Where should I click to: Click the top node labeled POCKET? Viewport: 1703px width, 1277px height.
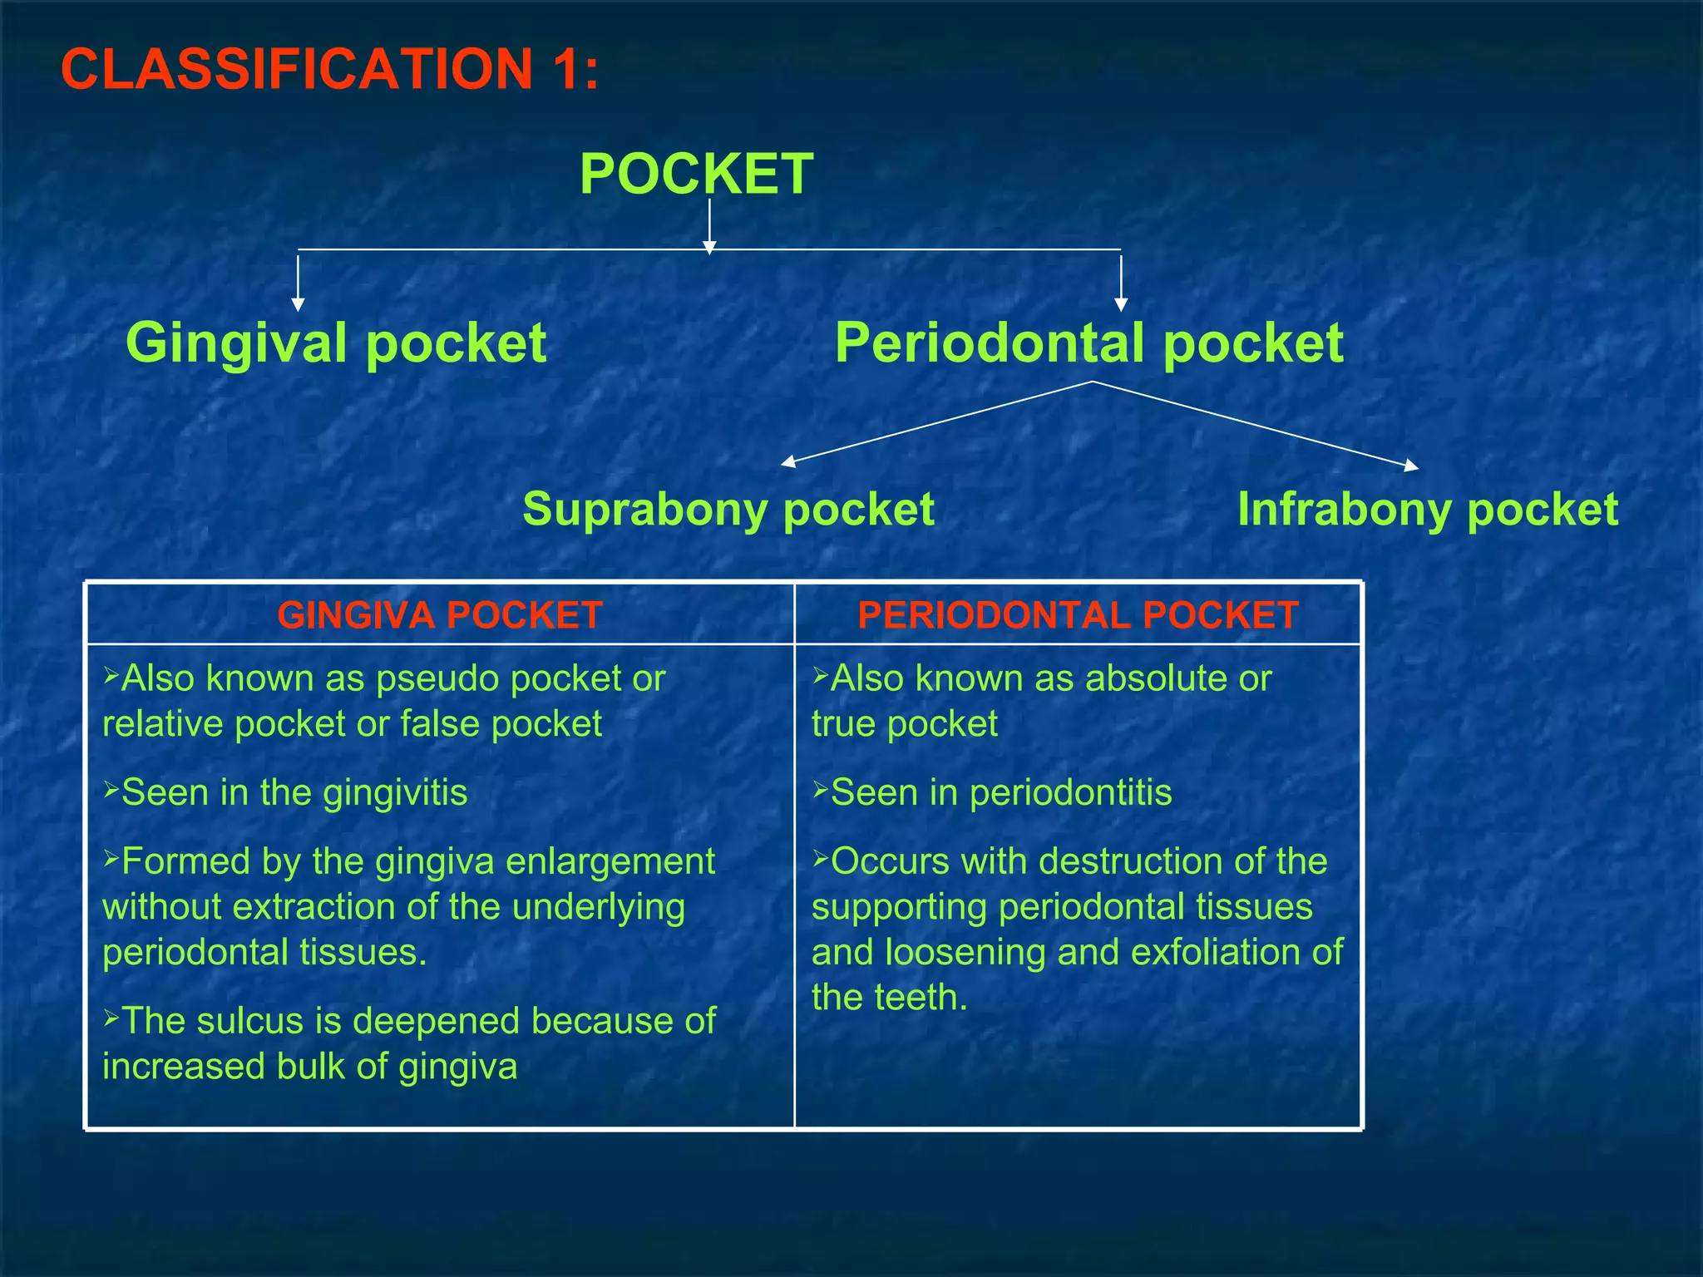tap(696, 174)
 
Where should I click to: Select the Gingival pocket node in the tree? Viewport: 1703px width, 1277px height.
tap(336, 343)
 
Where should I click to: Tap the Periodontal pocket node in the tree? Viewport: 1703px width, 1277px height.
tap(1088, 343)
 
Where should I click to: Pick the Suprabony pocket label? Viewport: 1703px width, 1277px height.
tap(728, 509)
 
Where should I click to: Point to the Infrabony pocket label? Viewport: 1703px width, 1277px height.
tap(1427, 509)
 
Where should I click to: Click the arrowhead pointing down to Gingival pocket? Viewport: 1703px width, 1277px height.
tap(299, 304)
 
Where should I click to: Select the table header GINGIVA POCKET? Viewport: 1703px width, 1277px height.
tap(440, 615)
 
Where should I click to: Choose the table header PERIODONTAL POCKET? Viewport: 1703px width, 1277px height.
tap(1078, 615)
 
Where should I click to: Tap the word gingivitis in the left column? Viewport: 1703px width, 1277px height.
tap(395, 793)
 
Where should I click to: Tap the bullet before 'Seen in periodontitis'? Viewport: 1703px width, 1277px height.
tap(820, 788)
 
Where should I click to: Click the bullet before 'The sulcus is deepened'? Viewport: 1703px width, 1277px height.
tap(111, 1016)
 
